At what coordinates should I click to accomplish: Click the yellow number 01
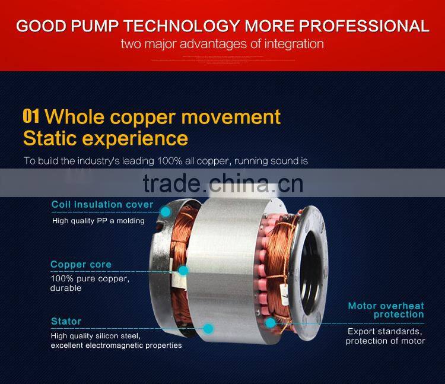click(31, 115)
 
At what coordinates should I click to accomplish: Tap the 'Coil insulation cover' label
click(102, 205)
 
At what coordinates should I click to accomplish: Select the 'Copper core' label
click(81, 265)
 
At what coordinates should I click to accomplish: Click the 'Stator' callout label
click(66, 322)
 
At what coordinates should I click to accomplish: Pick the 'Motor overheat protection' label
click(386, 310)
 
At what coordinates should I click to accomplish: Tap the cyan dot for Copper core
click(183, 271)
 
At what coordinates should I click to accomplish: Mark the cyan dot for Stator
click(208, 328)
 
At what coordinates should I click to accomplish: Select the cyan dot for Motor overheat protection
click(270, 323)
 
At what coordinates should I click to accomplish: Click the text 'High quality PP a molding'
click(98, 221)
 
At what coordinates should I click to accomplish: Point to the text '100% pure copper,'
click(90, 278)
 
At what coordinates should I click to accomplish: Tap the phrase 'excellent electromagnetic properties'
click(116, 345)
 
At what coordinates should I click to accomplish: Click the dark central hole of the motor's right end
click(314, 249)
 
